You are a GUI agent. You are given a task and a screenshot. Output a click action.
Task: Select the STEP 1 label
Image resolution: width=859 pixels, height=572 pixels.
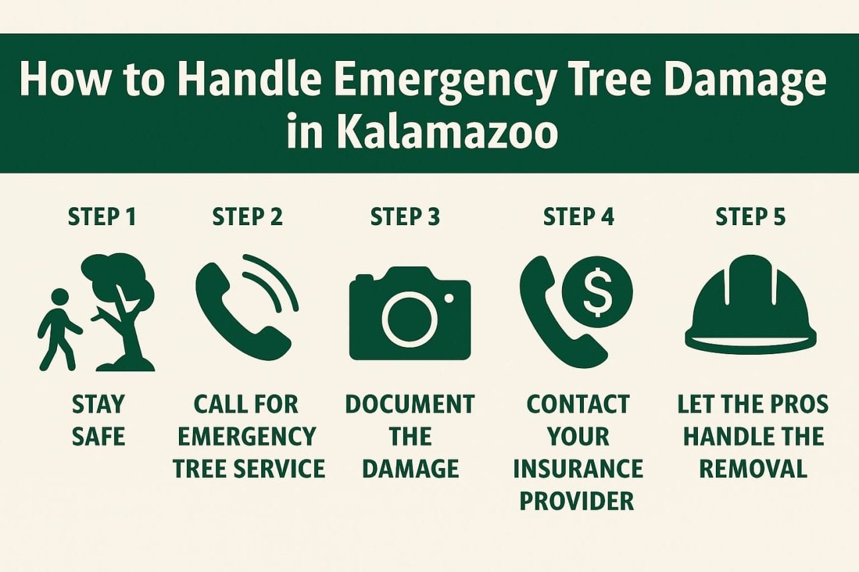click(x=102, y=217)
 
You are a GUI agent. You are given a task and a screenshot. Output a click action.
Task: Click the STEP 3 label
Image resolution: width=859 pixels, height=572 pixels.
click(x=405, y=217)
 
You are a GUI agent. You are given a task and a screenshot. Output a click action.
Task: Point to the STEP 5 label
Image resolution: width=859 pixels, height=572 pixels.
click(x=750, y=217)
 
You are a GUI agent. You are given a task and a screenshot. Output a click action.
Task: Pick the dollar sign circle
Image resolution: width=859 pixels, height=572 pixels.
click(x=597, y=292)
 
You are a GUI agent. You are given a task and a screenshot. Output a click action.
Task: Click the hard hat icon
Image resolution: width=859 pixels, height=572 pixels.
click(x=750, y=305)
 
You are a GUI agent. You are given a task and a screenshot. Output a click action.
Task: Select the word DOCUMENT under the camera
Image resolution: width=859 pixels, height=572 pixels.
click(x=410, y=405)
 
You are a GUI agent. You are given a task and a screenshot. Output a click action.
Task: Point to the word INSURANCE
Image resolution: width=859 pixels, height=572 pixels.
click(x=578, y=469)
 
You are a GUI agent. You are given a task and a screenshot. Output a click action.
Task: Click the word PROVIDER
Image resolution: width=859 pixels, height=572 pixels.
click(x=577, y=501)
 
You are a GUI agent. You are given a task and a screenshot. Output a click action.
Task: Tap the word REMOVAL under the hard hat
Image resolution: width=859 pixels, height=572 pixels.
click(x=754, y=469)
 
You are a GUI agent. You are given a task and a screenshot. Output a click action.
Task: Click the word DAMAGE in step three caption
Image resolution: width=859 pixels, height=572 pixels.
click(x=411, y=469)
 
